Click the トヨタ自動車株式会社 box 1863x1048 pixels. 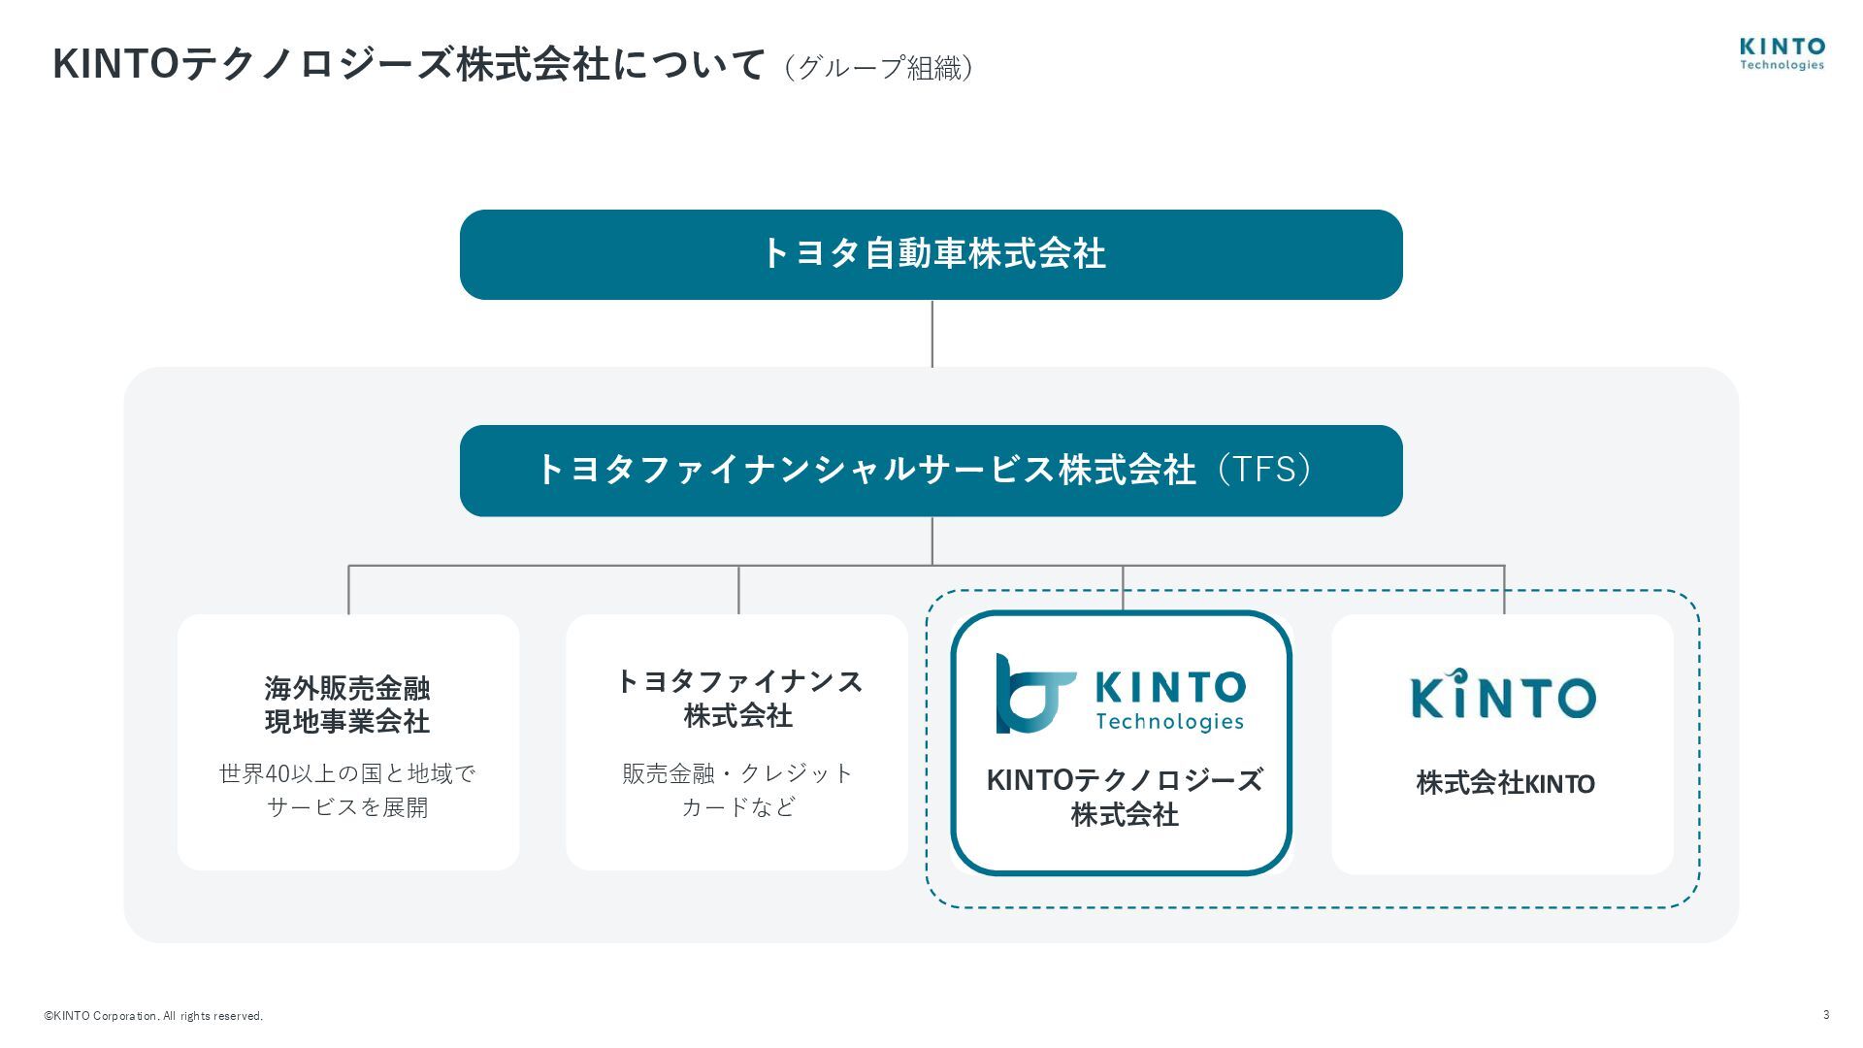click(x=931, y=254)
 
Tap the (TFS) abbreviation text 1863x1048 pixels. click(x=1264, y=469)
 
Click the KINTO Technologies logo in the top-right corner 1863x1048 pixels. click(x=1781, y=53)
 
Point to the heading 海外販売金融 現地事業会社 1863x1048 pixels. click(x=347, y=704)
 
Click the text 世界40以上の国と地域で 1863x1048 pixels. click(x=347, y=773)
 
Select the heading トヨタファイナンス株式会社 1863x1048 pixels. click(x=738, y=699)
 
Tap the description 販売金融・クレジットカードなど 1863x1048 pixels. click(x=737, y=790)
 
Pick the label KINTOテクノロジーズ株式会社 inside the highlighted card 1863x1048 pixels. click(x=1124, y=797)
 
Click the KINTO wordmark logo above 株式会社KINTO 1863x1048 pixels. click(x=1502, y=694)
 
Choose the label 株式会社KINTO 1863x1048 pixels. click(x=1505, y=783)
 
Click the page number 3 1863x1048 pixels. click(x=1826, y=1015)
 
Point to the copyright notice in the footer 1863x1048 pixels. click(x=153, y=1016)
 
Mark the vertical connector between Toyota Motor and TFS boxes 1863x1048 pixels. click(x=932, y=333)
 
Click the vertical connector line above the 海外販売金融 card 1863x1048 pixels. click(x=349, y=589)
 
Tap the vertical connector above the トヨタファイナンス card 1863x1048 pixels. click(x=738, y=589)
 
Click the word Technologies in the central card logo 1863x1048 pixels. click(x=1169, y=722)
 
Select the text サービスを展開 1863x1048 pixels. click(x=347, y=807)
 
